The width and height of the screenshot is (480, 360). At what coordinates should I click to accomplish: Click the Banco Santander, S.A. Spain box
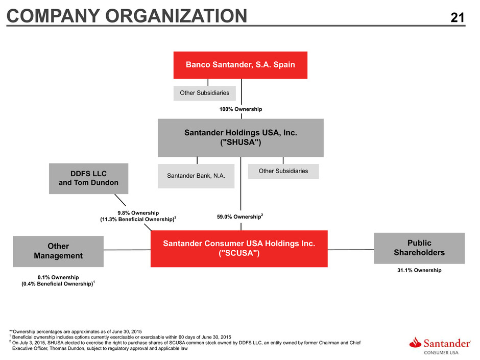[241, 65]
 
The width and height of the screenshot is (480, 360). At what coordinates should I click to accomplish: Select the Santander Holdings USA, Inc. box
[241, 138]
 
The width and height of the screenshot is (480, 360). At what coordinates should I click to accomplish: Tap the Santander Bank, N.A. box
[196, 176]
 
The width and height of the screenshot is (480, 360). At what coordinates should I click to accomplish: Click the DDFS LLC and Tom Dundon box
[88, 179]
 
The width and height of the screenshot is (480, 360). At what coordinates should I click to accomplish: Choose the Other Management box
[58, 251]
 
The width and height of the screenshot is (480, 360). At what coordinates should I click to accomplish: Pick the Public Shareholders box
[419, 248]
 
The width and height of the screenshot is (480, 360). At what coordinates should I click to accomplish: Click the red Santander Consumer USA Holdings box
[239, 249]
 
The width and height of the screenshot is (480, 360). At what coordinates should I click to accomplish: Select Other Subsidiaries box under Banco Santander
[204, 93]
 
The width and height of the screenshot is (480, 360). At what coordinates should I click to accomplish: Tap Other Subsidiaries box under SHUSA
[283, 171]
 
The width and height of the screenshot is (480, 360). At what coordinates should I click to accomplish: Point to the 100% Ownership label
[241, 109]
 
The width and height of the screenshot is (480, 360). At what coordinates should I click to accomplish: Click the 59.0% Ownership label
[240, 217]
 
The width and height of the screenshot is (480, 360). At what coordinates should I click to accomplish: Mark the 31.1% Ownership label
[419, 270]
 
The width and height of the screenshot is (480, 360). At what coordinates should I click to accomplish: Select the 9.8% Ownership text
[138, 213]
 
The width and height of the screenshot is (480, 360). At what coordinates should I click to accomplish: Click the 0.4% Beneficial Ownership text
[58, 284]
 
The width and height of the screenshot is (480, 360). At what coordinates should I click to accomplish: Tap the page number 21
[458, 17]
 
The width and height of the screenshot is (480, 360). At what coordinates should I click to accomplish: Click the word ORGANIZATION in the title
[176, 16]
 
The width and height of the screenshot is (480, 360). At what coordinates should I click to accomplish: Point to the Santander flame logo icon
[415, 343]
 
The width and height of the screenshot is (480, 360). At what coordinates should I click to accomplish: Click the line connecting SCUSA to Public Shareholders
[351, 250]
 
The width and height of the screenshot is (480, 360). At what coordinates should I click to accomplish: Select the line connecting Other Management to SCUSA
[127, 250]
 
